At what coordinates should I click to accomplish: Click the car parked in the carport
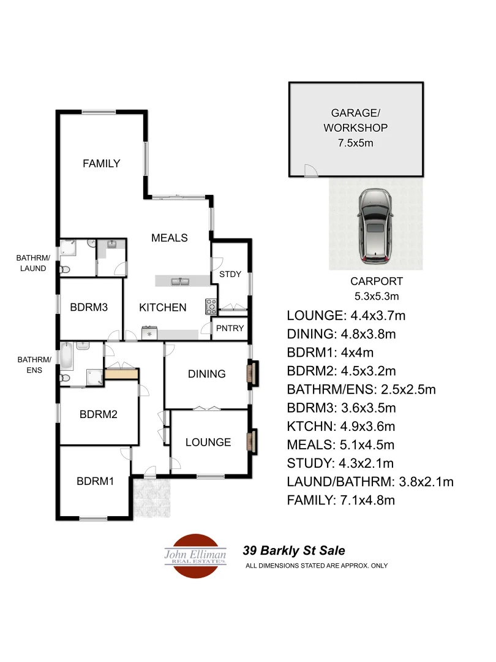coord(376,226)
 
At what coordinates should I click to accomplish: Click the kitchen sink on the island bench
coord(181,281)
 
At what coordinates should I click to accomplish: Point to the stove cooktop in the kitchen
coord(211,305)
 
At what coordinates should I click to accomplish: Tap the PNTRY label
coord(230,329)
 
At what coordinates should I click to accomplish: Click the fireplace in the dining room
coord(250,373)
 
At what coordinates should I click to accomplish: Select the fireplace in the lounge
coord(250,441)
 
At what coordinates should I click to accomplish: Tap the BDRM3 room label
coord(89,307)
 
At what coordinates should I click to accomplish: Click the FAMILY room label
coord(102,164)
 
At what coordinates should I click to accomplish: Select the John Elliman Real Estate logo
coord(195,555)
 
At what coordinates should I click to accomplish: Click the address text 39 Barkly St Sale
coord(298,550)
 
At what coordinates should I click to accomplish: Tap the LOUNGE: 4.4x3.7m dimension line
coord(346,316)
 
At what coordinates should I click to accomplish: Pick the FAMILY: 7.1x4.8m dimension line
coord(340,500)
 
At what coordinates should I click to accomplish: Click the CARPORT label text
coord(377,281)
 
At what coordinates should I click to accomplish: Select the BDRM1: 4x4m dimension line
coord(331,353)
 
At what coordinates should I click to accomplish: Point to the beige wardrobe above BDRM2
coord(121,374)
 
